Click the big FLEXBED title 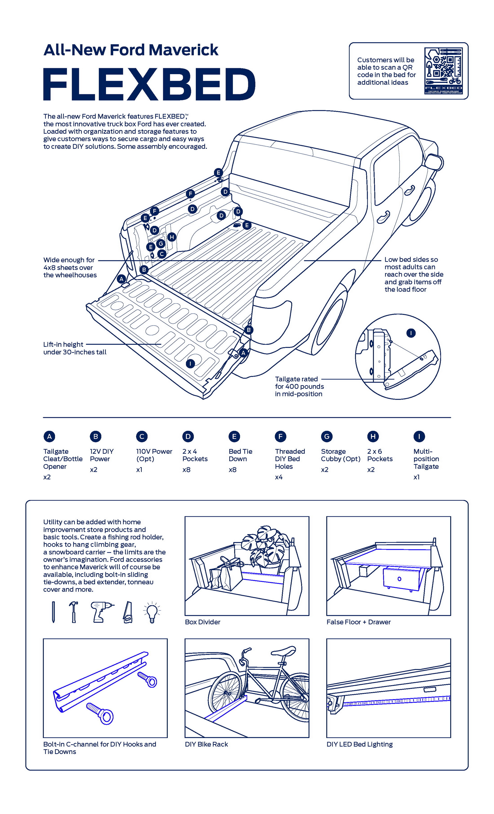[x=149, y=84]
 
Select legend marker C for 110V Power [x=142, y=436]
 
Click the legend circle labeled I [x=419, y=436]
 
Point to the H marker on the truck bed [x=171, y=237]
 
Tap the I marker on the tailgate [x=190, y=364]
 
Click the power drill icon [x=100, y=612]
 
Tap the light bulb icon [x=152, y=613]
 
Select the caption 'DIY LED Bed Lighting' [x=359, y=744]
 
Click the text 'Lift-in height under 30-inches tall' [x=75, y=348]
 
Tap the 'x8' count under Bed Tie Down [x=233, y=469]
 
